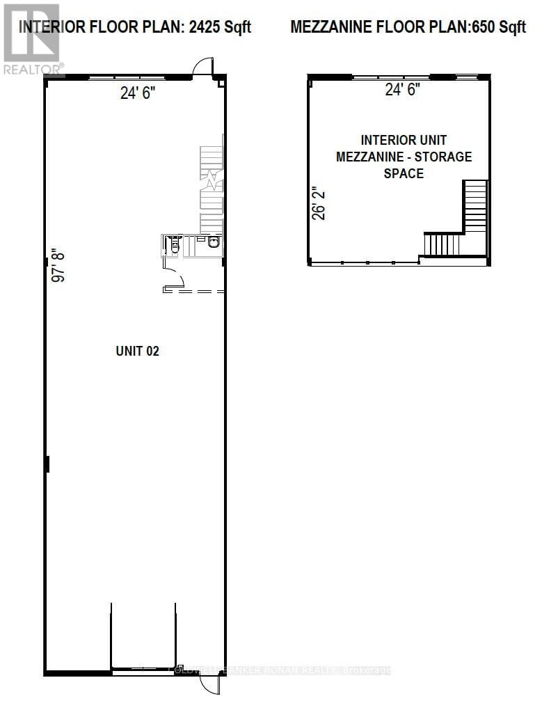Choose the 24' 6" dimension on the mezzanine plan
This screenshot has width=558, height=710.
[403, 90]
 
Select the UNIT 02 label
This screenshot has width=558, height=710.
[137, 352]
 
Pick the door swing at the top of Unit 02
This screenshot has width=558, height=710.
[201, 67]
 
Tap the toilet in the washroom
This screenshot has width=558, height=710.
[175, 245]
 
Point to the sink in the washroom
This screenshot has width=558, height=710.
[213, 243]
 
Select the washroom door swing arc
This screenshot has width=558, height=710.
[175, 279]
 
